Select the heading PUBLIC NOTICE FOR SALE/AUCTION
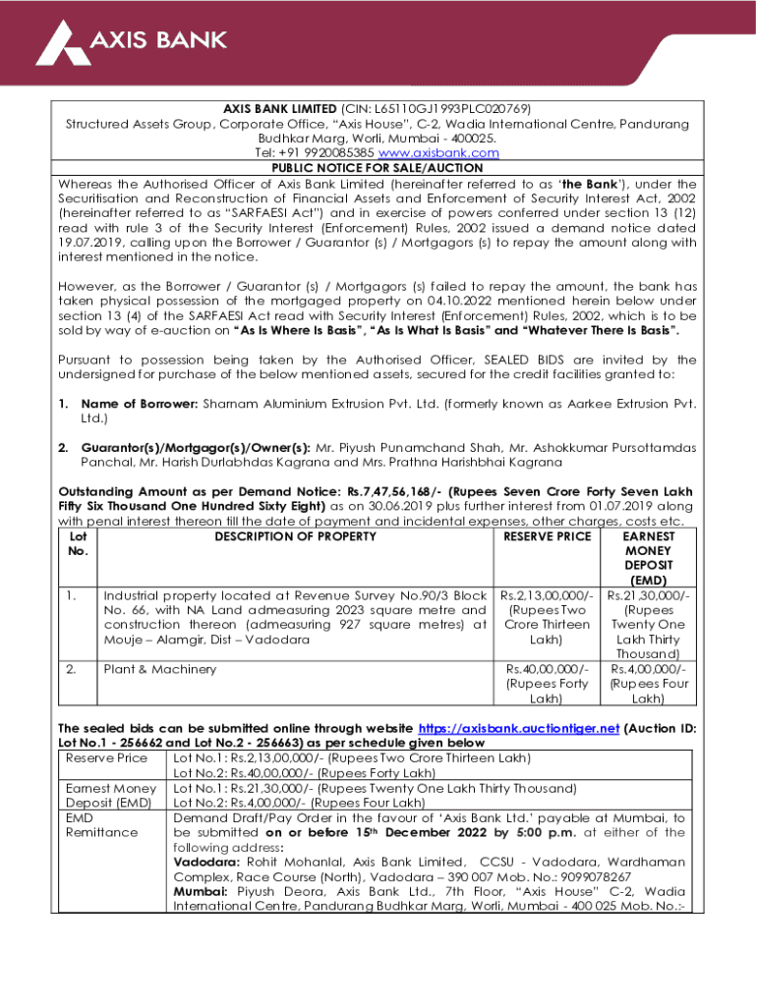(377, 168)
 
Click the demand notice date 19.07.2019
(101, 243)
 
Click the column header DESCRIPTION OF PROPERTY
(296, 536)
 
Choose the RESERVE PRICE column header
(547, 536)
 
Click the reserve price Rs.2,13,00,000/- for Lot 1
(547, 595)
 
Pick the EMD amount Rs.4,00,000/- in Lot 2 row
(648, 669)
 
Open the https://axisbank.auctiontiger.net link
(519, 729)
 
